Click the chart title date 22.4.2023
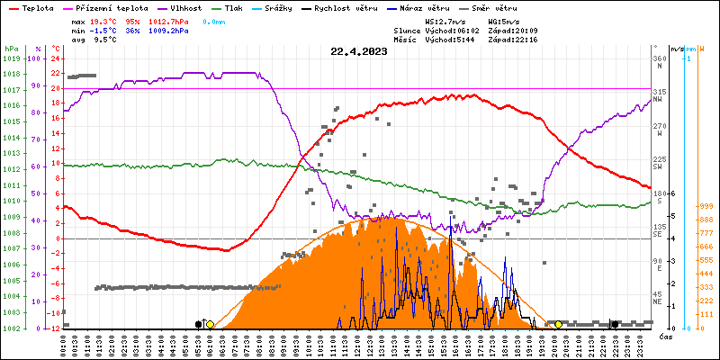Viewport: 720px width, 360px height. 360,51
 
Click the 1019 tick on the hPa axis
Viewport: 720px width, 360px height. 11,58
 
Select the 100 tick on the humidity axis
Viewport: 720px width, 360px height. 37,58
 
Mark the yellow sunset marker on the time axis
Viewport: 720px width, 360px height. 559,324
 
